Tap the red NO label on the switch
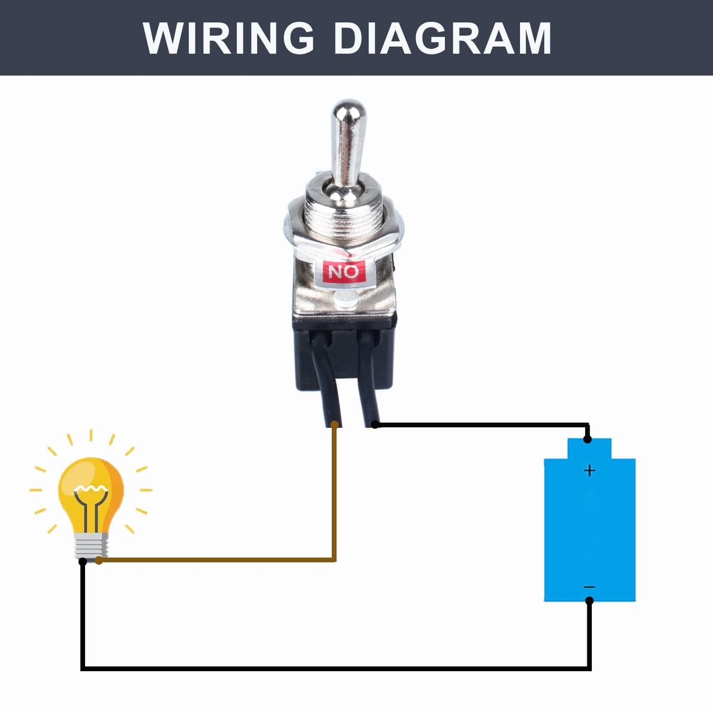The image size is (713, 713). tap(344, 272)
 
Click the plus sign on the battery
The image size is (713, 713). tap(589, 470)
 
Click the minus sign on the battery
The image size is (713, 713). tap(589, 587)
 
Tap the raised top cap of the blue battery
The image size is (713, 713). tap(589, 448)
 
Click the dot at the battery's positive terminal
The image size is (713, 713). tap(588, 439)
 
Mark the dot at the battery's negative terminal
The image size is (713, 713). tap(589, 601)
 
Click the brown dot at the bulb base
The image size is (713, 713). tap(99, 560)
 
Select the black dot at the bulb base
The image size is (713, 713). tap(83, 561)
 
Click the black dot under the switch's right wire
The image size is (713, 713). tap(375, 424)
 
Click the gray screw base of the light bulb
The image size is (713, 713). tap(91, 545)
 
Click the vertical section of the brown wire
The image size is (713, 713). tap(334, 494)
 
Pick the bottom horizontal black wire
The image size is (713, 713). tap(336, 668)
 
